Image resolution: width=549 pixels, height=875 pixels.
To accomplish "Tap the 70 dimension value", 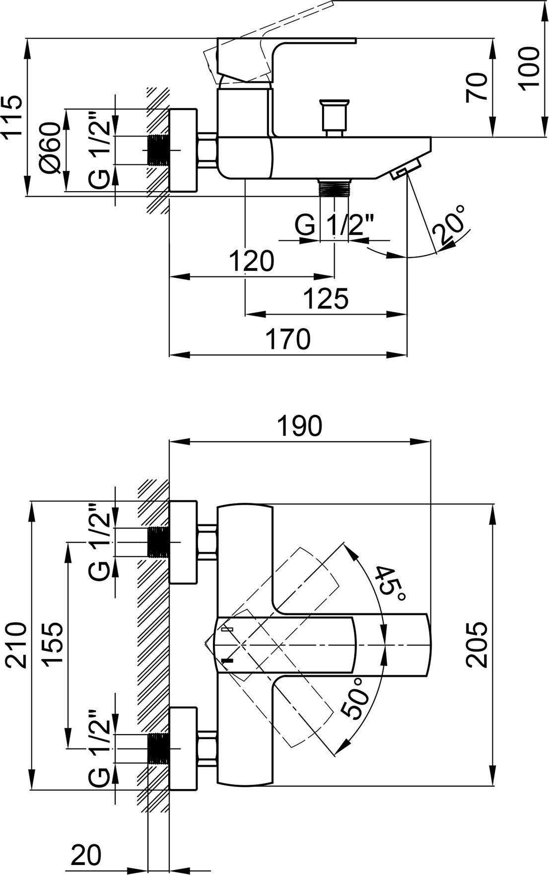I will point(477,87).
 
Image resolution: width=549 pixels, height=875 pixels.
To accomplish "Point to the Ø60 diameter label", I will point(52,148).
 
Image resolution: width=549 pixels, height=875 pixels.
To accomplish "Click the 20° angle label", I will point(450,226).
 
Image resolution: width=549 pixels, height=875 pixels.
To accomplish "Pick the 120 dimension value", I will point(252,261).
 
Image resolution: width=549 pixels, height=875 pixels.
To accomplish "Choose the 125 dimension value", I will point(326,299).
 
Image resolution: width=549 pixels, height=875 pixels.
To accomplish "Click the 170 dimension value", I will point(288,339).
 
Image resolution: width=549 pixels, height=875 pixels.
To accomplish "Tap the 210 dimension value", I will point(15,644).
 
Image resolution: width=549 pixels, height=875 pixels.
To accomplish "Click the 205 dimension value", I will point(477,644).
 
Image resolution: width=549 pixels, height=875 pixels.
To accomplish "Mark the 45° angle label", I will point(390,582).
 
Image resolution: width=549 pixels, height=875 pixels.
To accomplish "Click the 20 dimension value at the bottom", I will point(86,854).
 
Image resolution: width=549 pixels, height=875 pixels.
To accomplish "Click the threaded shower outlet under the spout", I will point(335,188).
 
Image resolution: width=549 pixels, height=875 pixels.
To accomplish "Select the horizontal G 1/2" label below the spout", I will point(335,226).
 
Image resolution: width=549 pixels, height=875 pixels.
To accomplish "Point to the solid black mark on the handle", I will point(227,660).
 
